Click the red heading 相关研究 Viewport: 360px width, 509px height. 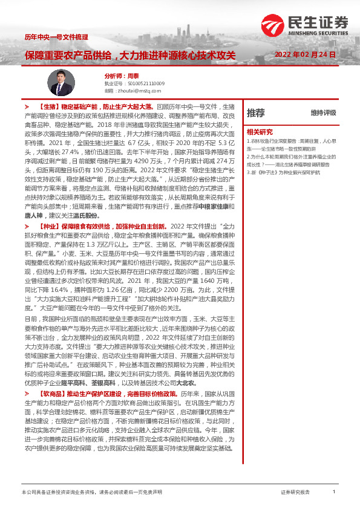pyautogui.click(x=259, y=131)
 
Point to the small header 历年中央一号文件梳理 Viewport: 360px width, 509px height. pyautogui.click(x=52, y=37)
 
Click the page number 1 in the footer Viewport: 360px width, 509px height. pyautogui.click(x=334, y=493)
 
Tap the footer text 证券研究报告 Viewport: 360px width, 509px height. pyautogui.click(x=295, y=493)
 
